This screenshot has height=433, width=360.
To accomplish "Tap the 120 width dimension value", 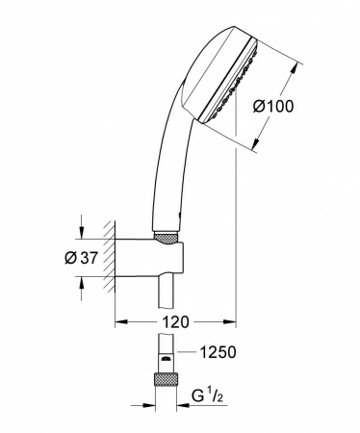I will tap(174, 321).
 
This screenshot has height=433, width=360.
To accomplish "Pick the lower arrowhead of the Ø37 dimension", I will tap(82, 282).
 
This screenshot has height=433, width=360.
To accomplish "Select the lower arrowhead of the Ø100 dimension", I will tap(256, 149).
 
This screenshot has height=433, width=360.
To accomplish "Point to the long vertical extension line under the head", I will tap(235, 241).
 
